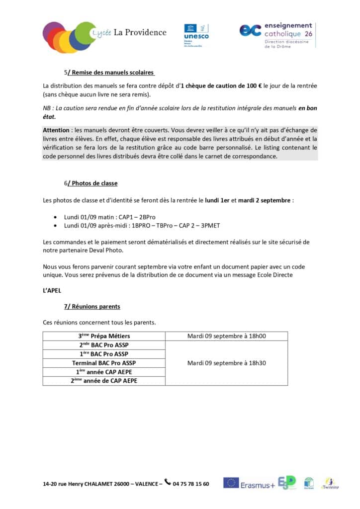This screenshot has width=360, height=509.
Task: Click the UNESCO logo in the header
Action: (196, 34)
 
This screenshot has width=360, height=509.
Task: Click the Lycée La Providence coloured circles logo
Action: (69, 36)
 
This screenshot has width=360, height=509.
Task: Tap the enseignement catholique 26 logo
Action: (276, 35)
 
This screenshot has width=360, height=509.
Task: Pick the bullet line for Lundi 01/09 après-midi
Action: (142, 226)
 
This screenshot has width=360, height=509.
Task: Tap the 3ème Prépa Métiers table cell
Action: (104, 336)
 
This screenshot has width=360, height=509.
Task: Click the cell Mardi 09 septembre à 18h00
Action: (226, 336)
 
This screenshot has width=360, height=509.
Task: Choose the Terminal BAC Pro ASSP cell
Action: (104, 363)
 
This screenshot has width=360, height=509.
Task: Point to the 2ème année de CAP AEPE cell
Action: (104, 381)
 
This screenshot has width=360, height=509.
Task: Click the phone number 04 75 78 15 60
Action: (191, 484)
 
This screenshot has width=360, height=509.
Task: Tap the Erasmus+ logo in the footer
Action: (249, 484)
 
